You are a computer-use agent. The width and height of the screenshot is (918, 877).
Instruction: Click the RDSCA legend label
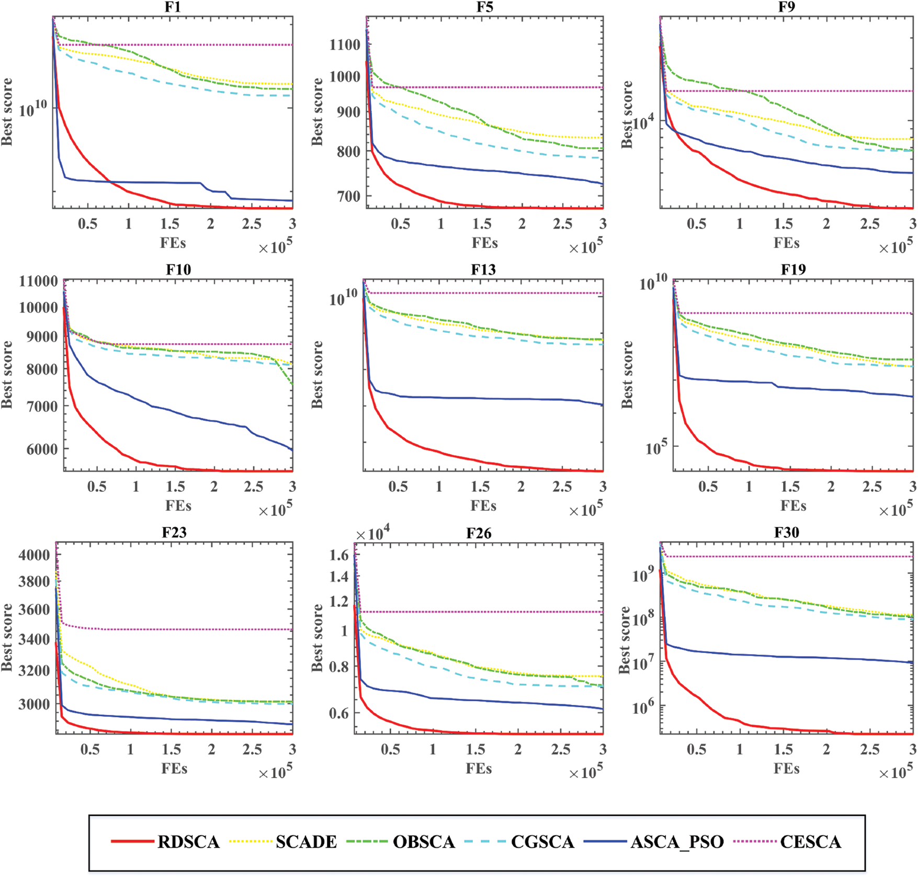pos(188,842)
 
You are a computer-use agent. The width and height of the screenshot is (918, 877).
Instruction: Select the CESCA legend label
pos(810,842)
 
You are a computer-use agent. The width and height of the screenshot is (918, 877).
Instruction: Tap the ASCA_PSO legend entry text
pos(677,842)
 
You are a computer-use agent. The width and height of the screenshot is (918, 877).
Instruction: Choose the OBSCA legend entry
pos(424,842)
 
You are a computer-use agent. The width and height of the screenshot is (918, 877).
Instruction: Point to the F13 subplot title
pos(483,269)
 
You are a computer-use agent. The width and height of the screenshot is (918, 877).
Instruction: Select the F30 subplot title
pos(786,533)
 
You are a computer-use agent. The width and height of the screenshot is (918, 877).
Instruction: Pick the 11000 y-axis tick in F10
pos(38,282)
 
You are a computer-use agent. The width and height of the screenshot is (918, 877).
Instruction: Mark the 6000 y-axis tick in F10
pos(42,449)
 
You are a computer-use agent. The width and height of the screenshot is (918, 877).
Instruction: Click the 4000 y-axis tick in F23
pos(34,555)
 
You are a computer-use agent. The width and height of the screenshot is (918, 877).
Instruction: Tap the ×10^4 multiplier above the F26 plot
pos(372,533)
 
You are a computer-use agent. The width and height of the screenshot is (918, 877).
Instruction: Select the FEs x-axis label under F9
pos(786,243)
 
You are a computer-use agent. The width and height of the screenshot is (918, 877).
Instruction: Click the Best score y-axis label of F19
pos(627,374)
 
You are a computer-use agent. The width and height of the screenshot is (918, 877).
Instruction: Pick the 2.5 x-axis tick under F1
pos(252,224)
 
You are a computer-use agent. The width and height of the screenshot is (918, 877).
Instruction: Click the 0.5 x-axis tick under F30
pos(696,750)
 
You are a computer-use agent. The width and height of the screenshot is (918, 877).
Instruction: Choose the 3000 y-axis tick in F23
pos(34,704)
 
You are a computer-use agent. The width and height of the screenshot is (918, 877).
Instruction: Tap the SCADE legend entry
pos(306,842)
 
